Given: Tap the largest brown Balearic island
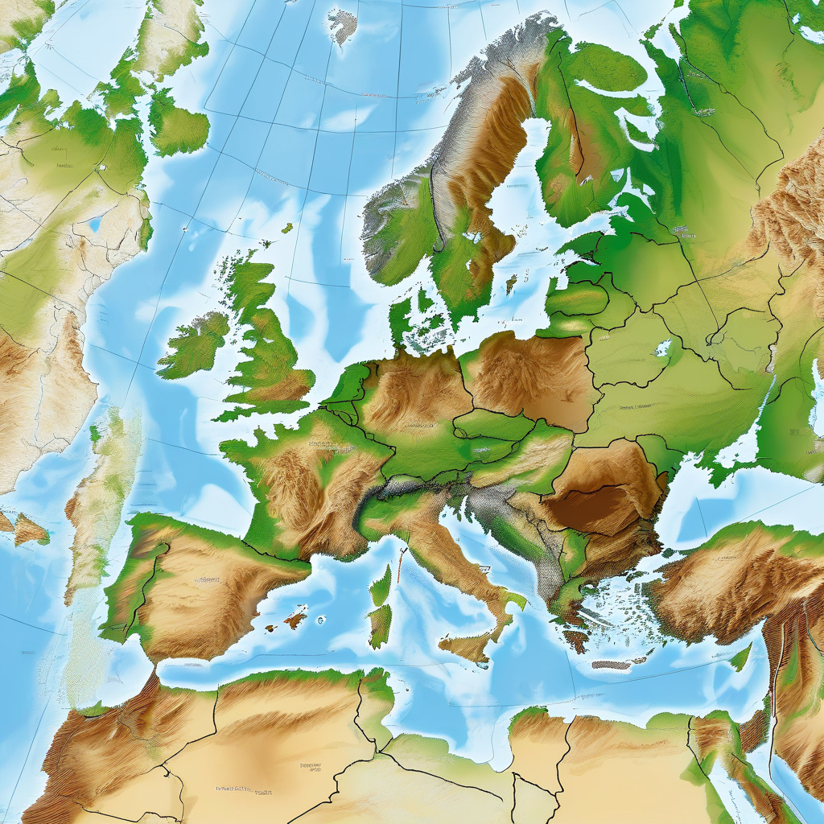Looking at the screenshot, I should pyautogui.click(x=295, y=619).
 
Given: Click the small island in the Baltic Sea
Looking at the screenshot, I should pyautogui.click(x=510, y=284).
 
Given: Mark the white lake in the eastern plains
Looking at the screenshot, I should pyautogui.click(x=663, y=348).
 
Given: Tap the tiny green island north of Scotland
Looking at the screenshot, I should pyautogui.click(x=287, y=228).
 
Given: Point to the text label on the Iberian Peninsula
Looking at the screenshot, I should pyautogui.click(x=208, y=578).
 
